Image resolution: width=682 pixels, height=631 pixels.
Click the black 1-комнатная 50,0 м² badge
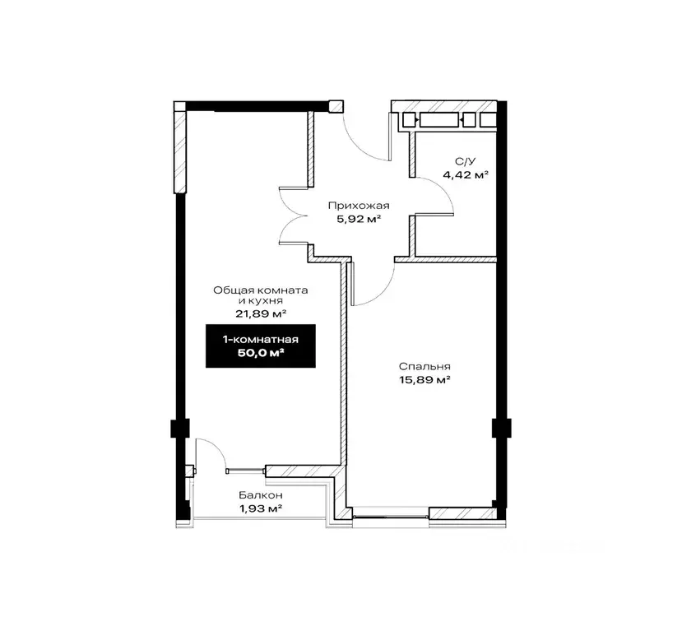coord(261,346)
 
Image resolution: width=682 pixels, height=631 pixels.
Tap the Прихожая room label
coord(359,206)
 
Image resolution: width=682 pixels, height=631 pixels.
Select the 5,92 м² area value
coord(359,219)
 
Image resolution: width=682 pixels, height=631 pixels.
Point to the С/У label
coord(465,161)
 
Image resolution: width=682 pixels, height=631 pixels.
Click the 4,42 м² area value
coord(466,174)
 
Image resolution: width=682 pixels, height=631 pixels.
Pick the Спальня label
coord(425,367)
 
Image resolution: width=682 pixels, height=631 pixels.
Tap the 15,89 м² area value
coord(425,380)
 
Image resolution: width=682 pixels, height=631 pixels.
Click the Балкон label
coord(261,495)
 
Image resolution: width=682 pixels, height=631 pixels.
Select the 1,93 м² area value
coord(261,508)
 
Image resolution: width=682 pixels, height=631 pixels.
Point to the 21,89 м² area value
coord(261,313)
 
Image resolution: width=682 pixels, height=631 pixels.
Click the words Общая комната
coord(261,290)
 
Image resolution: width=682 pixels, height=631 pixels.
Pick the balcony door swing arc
coord(216,448)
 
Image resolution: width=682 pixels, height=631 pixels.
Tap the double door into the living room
coord(295,216)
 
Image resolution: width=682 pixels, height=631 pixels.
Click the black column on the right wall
coord(502,428)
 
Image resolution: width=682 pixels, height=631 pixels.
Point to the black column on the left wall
coord(180,428)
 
